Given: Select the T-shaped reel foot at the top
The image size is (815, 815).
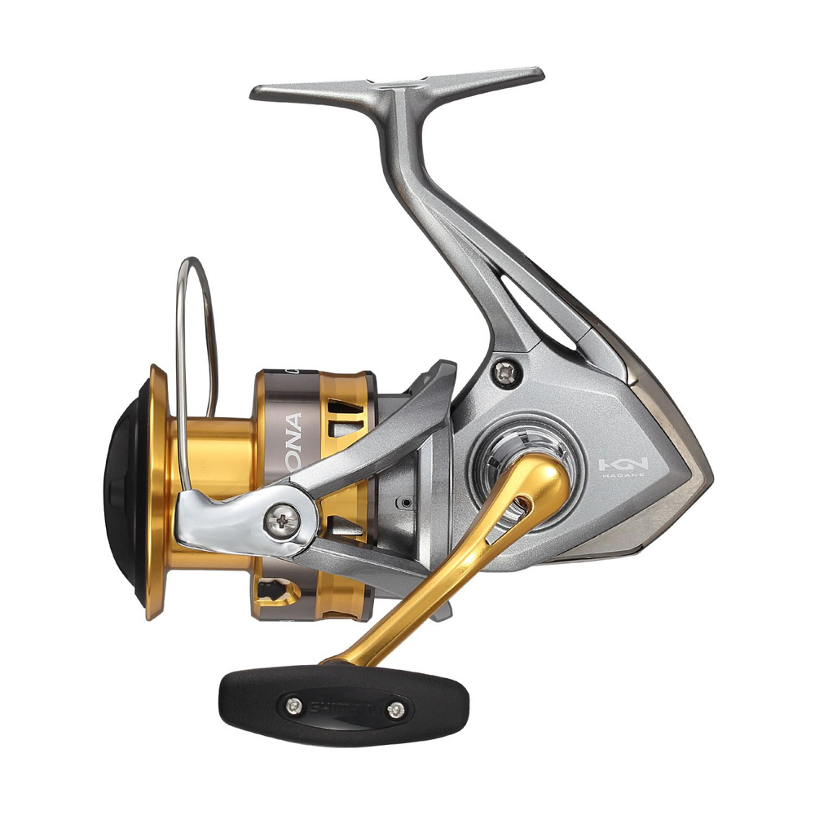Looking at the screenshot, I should (397, 86).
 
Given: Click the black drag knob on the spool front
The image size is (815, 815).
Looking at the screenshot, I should (122, 489).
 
